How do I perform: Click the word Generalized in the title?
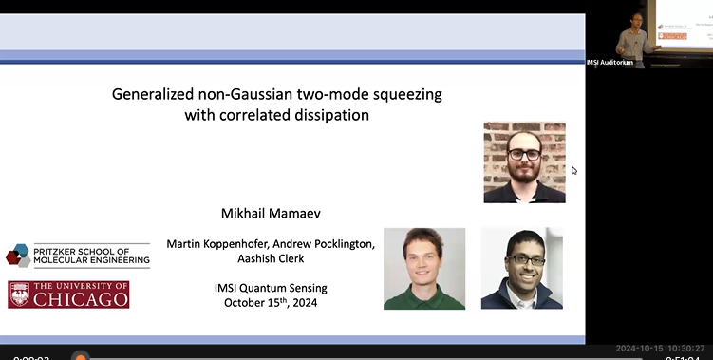pyautogui.click(x=151, y=95)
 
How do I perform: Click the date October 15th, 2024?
pyautogui.click(x=271, y=304)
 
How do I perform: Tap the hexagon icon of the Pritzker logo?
pyautogui.click(x=18, y=254)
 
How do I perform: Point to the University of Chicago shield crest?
pyautogui.click(x=19, y=294)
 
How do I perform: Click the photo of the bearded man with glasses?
pyautogui.click(x=524, y=161)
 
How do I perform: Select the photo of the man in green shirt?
pyautogui.click(x=424, y=268)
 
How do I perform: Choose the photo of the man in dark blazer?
pyautogui.click(x=521, y=268)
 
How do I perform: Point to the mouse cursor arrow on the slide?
pyautogui.click(x=573, y=171)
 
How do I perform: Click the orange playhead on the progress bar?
pyautogui.click(x=81, y=357)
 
